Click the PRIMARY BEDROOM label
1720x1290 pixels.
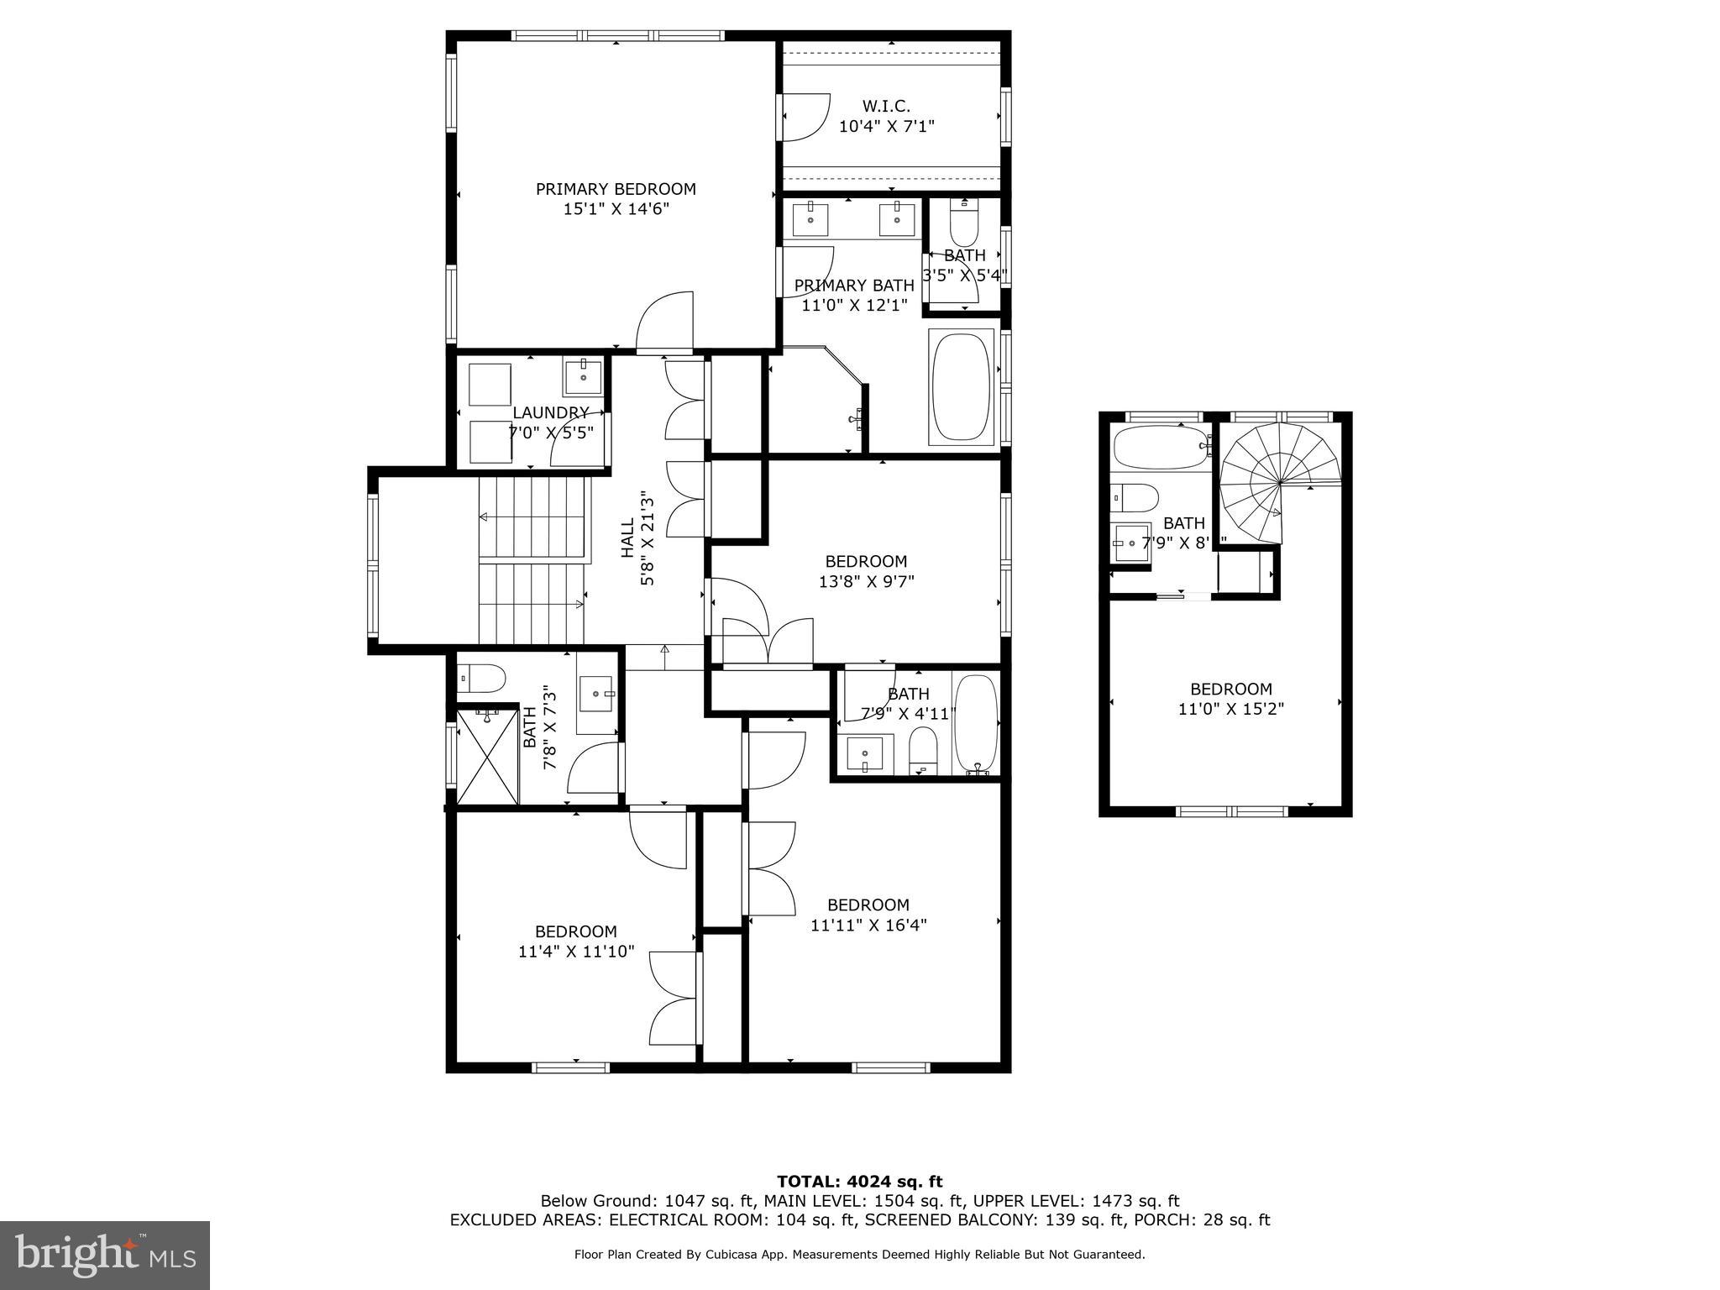(616, 189)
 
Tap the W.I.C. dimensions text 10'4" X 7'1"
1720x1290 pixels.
(886, 127)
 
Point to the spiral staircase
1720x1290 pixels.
(1279, 484)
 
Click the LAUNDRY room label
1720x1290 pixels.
(550, 412)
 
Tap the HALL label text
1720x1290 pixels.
(627, 537)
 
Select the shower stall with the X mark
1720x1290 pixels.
(486, 756)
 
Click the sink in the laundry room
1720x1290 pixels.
(583, 377)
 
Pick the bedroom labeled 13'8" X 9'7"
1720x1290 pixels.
(866, 571)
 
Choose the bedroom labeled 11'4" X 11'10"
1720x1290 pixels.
(576, 941)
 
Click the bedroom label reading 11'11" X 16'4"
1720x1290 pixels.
(868, 915)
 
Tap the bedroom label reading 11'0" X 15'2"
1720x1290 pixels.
(1230, 699)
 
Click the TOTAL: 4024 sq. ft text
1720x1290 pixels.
(859, 1182)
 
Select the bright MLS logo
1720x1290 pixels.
(105, 1255)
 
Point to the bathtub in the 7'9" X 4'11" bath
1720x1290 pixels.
(976, 723)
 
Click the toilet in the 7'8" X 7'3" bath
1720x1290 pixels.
(481, 677)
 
